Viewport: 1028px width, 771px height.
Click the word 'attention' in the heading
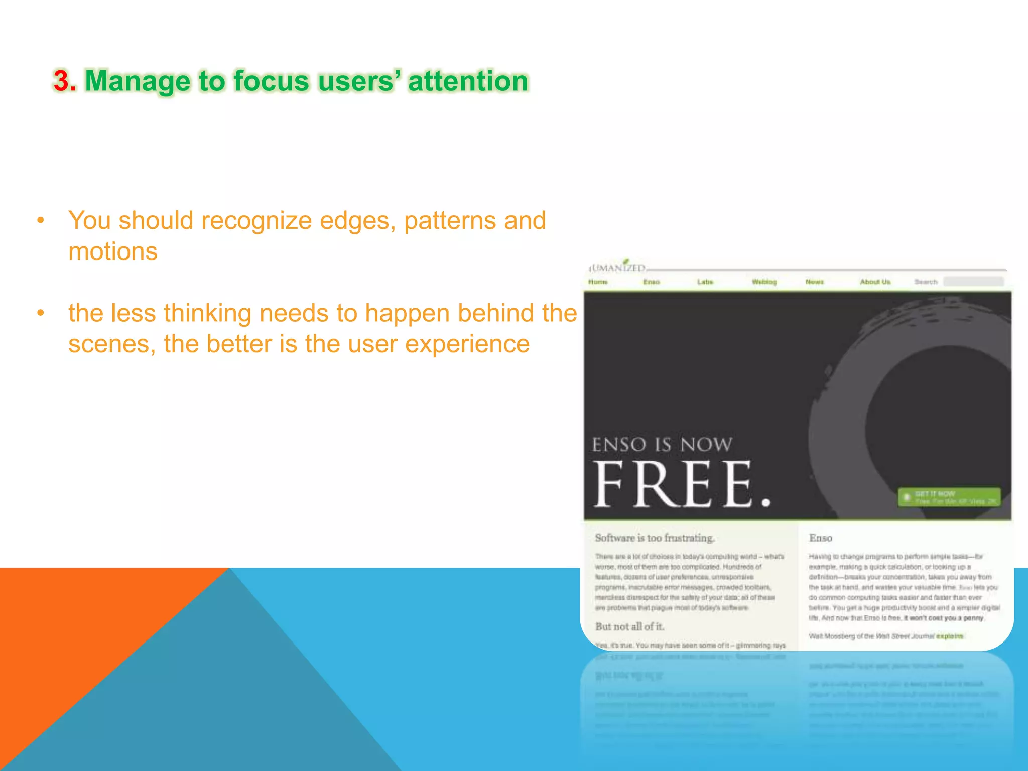(x=468, y=81)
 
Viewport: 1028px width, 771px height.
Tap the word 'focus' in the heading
(x=271, y=81)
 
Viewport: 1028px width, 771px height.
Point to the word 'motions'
(x=113, y=251)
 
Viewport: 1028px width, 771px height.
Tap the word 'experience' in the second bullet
(x=467, y=344)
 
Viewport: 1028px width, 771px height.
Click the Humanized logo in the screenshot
(x=617, y=267)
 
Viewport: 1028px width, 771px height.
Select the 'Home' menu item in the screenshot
(x=598, y=282)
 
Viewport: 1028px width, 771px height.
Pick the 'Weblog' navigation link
(x=764, y=282)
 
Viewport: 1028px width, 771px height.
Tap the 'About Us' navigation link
(x=875, y=282)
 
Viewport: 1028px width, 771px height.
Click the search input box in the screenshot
(x=973, y=282)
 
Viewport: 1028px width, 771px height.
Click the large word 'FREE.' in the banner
(x=681, y=485)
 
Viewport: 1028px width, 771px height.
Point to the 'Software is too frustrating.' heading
(x=655, y=538)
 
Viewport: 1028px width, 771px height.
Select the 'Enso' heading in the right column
(x=820, y=538)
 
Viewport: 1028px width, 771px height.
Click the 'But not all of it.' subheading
(x=629, y=626)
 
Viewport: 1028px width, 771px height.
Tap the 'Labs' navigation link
(x=705, y=282)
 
